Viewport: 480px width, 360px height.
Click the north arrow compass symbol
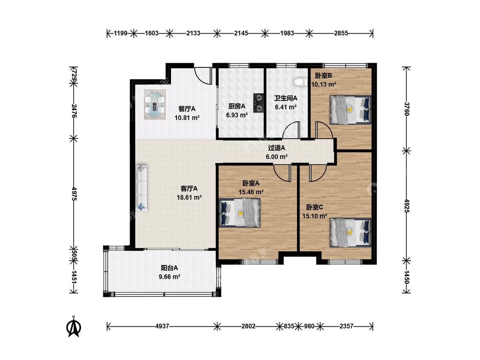73,327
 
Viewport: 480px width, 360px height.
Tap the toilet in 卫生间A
300,82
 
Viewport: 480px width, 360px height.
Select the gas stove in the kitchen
259,102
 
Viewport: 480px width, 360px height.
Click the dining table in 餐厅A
155,105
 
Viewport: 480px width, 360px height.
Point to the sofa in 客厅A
142,188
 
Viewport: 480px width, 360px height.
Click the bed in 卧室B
350,110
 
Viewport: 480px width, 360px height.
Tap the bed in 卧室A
240,213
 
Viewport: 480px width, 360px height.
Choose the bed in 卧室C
350,232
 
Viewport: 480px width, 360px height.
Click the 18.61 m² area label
189,197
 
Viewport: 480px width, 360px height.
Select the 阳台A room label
169,268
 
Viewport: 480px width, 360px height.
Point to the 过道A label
277,148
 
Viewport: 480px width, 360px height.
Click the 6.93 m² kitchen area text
237,115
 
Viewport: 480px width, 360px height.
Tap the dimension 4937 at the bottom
162,326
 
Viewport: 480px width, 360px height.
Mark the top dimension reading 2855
341,33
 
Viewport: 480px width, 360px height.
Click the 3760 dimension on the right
407,109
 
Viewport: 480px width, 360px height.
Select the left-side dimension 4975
73,194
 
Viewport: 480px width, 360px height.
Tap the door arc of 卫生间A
291,130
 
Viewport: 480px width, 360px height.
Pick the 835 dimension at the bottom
289,326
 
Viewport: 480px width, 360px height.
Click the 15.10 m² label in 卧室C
315,216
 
